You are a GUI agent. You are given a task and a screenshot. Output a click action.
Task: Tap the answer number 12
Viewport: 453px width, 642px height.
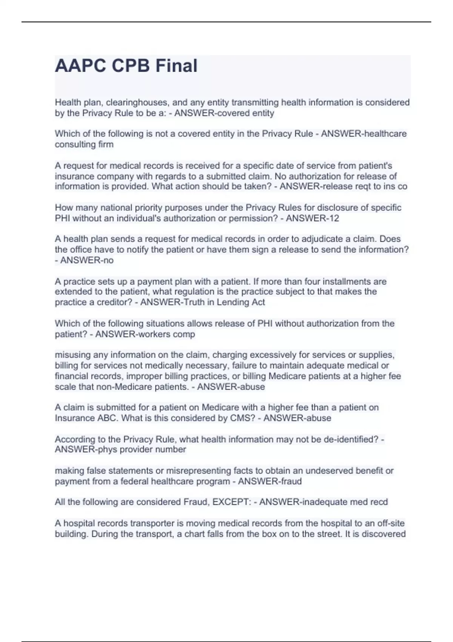tap(334, 218)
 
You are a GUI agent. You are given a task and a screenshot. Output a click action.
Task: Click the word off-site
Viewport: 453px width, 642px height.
tap(390, 523)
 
